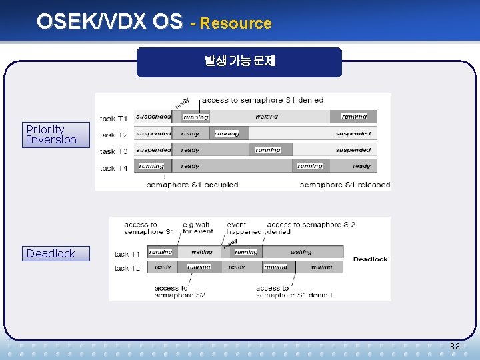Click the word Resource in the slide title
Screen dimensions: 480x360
[x=235, y=23]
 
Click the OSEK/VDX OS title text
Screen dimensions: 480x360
[x=109, y=22]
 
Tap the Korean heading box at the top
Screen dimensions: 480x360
[x=239, y=62]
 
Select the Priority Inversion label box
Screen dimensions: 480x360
[x=55, y=135]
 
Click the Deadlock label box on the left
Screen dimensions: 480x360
[x=55, y=253]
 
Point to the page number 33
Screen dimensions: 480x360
[x=455, y=347]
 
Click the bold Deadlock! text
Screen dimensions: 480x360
[x=371, y=259]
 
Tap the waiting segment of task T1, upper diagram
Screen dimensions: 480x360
[x=267, y=117]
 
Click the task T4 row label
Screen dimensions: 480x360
[x=113, y=168]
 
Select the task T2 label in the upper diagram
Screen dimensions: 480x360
[x=113, y=135]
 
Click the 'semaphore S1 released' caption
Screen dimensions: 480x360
[x=345, y=185]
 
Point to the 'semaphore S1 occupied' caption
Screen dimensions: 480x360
[x=192, y=185]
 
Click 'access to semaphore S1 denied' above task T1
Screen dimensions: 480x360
[x=262, y=100]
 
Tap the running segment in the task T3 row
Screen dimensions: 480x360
[x=268, y=150]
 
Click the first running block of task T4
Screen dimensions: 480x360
[x=151, y=166]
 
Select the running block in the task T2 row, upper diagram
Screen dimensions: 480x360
[x=227, y=133]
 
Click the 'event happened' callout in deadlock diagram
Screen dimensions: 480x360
[x=245, y=228]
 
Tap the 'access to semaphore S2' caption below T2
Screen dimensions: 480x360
[x=179, y=291]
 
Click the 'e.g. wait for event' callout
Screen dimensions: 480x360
[x=197, y=228]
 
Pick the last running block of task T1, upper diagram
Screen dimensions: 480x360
[x=353, y=117]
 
